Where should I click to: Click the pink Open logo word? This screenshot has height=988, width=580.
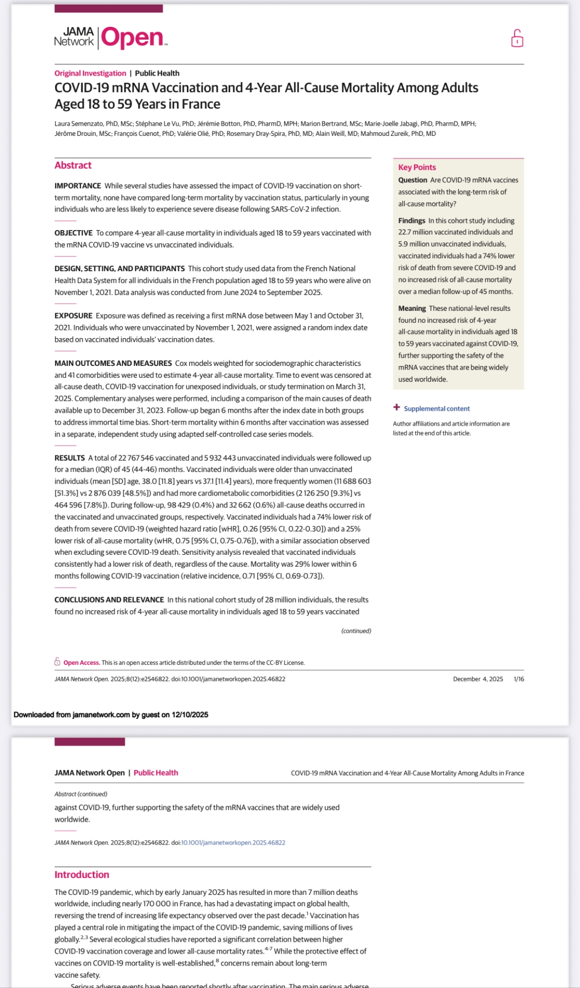click(133, 38)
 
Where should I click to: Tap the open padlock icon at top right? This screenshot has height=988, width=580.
click(517, 39)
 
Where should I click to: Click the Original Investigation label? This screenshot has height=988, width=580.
click(90, 73)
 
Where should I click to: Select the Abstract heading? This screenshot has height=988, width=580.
click(73, 165)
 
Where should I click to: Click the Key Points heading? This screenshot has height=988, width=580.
click(417, 167)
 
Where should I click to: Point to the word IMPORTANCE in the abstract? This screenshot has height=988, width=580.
click(78, 186)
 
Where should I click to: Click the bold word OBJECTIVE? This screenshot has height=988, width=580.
click(74, 233)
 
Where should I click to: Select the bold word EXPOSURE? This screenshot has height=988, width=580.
click(74, 316)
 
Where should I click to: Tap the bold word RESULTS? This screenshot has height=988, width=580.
click(69, 458)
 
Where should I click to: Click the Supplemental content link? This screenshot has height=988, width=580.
click(436, 409)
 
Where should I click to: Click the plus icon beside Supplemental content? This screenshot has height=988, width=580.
click(397, 408)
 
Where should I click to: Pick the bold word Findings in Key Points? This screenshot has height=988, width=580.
click(412, 221)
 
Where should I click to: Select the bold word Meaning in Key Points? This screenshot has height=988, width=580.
click(412, 308)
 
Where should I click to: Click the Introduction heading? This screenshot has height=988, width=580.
click(82, 874)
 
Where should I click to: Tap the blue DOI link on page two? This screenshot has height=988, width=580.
click(233, 842)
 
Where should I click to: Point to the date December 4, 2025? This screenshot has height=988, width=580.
click(478, 679)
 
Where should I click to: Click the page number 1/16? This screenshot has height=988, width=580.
click(519, 679)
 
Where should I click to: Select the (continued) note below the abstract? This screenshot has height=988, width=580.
click(356, 631)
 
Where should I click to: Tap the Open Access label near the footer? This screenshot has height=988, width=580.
click(81, 663)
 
